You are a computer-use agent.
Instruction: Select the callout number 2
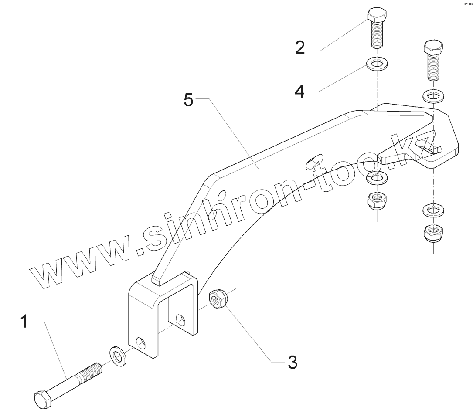[x=299, y=47]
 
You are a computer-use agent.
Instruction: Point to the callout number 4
[x=299, y=91]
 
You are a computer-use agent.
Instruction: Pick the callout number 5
[x=188, y=101]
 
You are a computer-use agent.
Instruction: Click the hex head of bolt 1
[x=43, y=399]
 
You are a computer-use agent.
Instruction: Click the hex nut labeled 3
[x=217, y=300]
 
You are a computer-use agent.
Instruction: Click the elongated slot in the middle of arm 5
[x=313, y=160]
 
